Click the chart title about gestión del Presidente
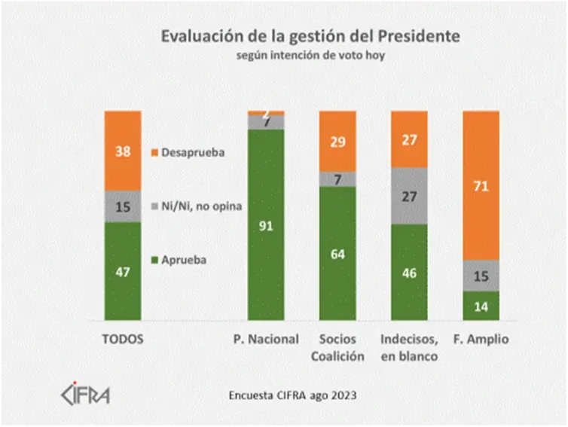click(308, 36)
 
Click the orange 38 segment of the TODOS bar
click(123, 151)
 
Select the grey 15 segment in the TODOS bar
click(123, 206)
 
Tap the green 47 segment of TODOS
click(123, 271)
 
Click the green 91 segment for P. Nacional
click(266, 224)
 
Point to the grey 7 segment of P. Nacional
click(266, 122)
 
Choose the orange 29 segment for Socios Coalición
click(337, 141)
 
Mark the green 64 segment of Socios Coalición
click(337, 253)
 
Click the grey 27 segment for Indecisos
click(409, 196)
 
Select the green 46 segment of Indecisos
click(409, 272)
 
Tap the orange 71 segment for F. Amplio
click(481, 185)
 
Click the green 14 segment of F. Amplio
click(481, 306)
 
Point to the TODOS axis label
click(123, 340)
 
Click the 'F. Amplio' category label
click(481, 340)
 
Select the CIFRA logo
click(84, 394)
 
